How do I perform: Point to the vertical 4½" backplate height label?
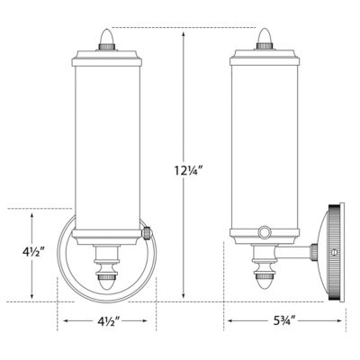click(x=31, y=252)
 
